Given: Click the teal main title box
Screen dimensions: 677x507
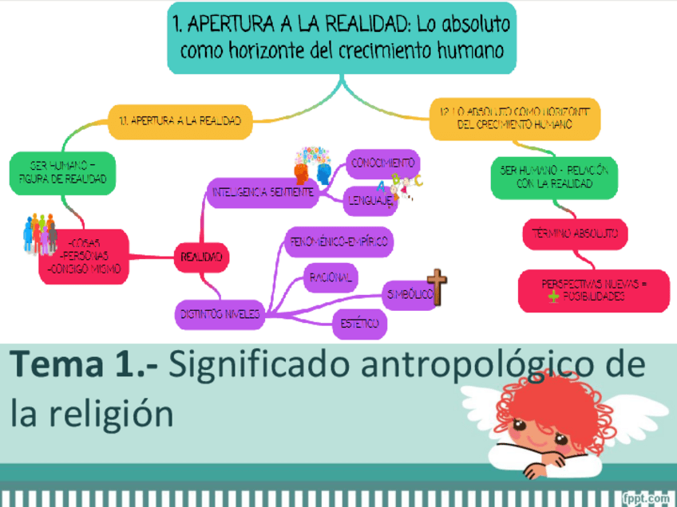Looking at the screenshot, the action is click(342, 37).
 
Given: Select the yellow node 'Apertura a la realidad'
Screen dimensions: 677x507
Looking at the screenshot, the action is click(180, 121).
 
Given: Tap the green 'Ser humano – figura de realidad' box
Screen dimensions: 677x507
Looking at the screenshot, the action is click(63, 172).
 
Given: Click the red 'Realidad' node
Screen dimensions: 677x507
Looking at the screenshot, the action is click(202, 257).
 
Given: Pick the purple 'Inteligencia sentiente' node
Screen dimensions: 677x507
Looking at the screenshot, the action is click(263, 192).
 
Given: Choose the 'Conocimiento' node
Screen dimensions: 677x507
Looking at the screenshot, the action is click(382, 163).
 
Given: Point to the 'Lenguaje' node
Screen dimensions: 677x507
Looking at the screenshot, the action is click(370, 202).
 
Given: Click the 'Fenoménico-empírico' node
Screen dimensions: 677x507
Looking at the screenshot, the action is click(339, 242).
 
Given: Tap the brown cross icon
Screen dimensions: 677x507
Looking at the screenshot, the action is click(437, 288).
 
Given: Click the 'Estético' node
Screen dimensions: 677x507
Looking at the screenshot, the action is click(359, 324).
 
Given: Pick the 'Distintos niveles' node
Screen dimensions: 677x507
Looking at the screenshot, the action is click(219, 314).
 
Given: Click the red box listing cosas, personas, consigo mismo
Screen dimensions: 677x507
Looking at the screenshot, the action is click(84, 256).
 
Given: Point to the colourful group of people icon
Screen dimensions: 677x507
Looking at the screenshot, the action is click(40, 232).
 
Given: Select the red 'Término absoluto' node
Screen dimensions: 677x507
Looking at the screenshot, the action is click(575, 234).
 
